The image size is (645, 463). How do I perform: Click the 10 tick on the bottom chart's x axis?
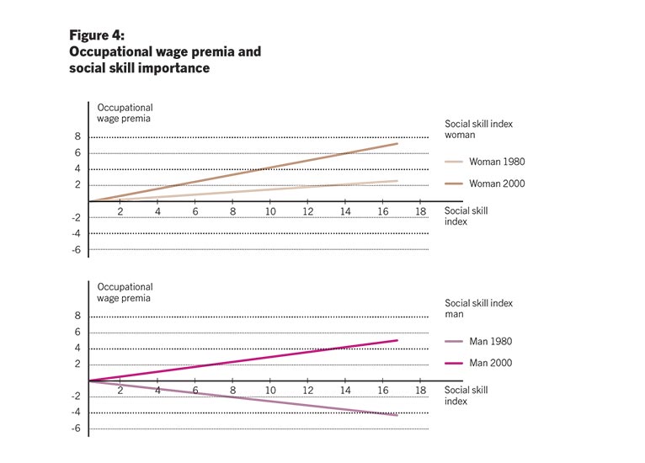click(x=271, y=391)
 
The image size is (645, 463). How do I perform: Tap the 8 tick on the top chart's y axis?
click(x=77, y=137)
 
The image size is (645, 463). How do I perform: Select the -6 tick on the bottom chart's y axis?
click(x=76, y=428)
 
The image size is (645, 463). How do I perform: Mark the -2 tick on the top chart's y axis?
click(x=76, y=217)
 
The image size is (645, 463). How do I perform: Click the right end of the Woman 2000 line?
click(x=397, y=143)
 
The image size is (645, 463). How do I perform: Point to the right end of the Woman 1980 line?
click(x=397, y=180)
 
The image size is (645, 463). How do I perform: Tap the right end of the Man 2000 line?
click(x=397, y=340)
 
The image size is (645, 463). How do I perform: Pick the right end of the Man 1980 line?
click(x=397, y=415)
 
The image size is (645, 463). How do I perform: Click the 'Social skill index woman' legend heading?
click(x=478, y=129)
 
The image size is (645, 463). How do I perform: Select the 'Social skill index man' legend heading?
click(x=478, y=309)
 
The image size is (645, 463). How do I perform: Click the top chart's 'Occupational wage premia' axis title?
click(x=125, y=113)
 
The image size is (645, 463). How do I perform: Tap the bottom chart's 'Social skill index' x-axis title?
click(x=466, y=396)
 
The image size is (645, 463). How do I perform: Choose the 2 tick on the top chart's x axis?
click(x=120, y=210)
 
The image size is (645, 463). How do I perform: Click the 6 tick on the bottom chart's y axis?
click(x=77, y=333)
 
